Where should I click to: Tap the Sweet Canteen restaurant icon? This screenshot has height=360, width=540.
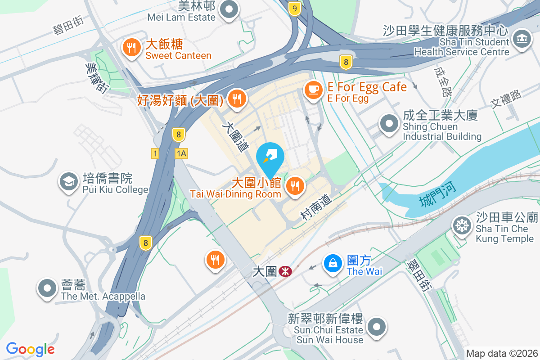tap(131, 48)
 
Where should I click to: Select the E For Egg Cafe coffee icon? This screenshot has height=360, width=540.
tap(313, 90)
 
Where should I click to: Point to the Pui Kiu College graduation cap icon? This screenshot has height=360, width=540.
tap(68, 182)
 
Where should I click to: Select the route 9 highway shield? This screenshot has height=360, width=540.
tap(295, 8)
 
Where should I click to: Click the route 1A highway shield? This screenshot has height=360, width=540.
tap(181, 153)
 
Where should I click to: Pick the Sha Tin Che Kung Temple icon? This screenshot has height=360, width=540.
tap(462, 224)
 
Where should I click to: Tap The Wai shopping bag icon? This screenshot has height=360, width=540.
tap(333, 263)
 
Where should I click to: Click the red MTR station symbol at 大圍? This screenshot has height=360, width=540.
tap(285, 271)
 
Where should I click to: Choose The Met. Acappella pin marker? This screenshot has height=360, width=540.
tap(47, 288)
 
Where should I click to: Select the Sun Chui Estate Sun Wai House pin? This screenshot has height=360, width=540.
tap(376, 327)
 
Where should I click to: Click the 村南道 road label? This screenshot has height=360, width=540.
tap(317, 208)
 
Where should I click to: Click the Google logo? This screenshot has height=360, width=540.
tap(31, 349)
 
